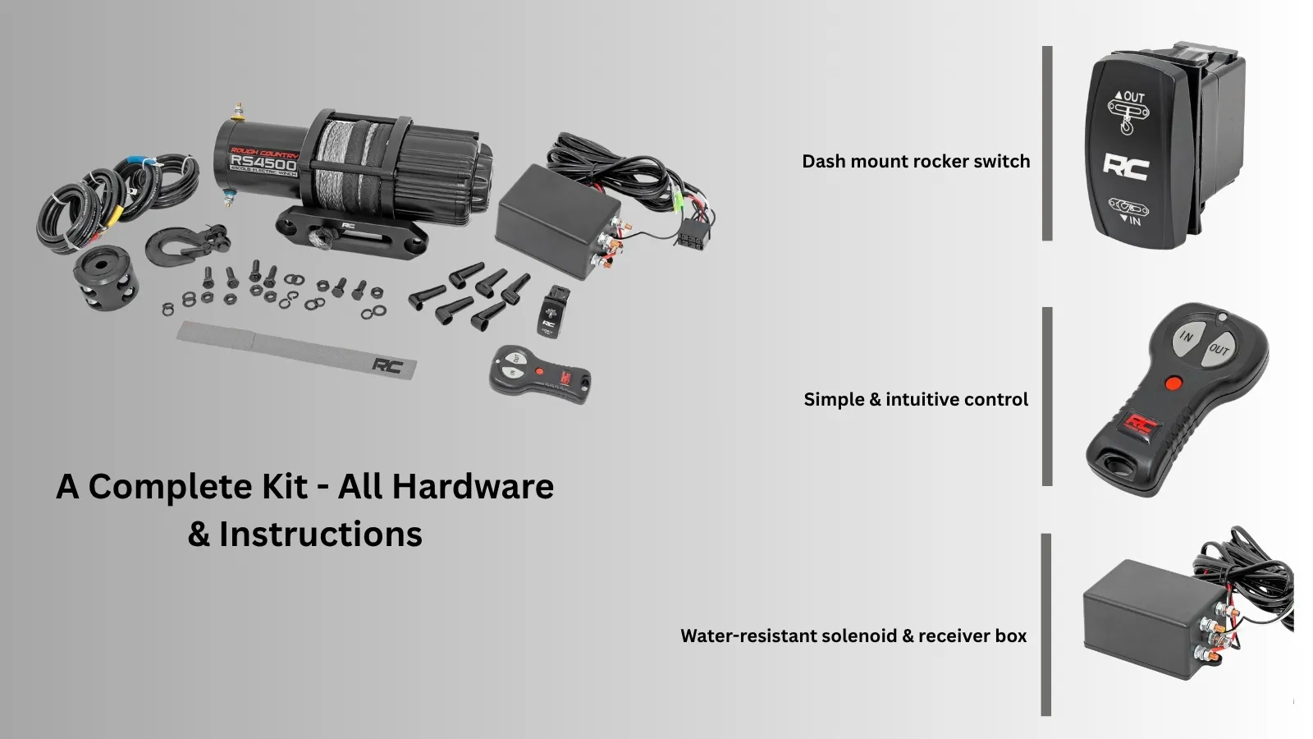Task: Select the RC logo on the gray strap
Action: [387, 365]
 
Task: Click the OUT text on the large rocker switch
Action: [1133, 97]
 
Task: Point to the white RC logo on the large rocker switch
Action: [1125, 166]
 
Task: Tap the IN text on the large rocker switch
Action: [1134, 220]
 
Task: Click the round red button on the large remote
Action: [1173, 383]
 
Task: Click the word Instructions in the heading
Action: [320, 535]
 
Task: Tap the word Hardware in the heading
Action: [473, 487]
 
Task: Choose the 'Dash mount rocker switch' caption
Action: [916, 162]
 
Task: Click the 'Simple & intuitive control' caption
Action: [916, 400]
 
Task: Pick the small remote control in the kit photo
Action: [539, 374]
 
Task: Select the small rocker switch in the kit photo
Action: [554, 312]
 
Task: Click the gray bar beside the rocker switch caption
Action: [1047, 144]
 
